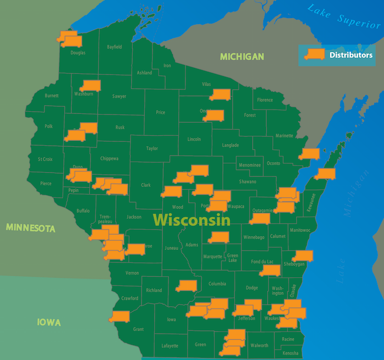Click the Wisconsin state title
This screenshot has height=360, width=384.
tap(191, 220)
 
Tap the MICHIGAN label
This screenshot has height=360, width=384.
tap(242, 56)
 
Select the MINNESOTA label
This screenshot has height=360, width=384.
tap(31, 228)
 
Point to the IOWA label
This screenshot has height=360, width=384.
tap(49, 323)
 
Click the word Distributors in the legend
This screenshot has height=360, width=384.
tap(351, 55)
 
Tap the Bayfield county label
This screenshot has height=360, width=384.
tap(115, 47)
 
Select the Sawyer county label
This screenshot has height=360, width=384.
tap(119, 96)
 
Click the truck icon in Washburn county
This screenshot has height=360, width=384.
tap(90, 85)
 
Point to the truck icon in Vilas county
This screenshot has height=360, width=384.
tap(219, 94)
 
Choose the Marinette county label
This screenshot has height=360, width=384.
tap(284, 135)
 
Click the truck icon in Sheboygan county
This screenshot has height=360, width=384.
tap(302, 256)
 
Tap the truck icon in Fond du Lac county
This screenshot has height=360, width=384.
tap(270, 270)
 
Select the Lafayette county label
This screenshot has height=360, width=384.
tap(170, 346)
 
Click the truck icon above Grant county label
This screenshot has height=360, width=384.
tap(119, 317)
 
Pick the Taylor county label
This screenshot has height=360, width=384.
tap(152, 148)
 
